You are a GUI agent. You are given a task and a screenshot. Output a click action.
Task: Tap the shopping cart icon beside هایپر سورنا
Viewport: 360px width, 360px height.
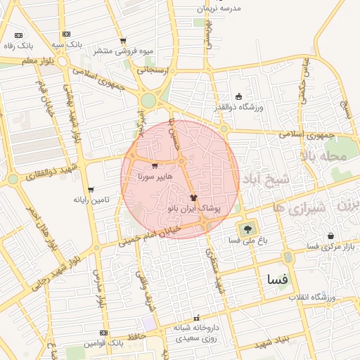[x=155, y=166]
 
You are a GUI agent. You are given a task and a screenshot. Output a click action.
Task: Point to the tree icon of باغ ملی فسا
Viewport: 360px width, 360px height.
[x=247, y=229]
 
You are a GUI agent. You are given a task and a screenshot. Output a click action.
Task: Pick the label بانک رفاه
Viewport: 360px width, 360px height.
[x=18, y=46]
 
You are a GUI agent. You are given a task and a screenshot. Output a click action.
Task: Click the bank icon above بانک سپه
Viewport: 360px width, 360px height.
[x=66, y=34]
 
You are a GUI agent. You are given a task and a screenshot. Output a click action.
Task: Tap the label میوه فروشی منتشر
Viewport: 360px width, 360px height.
[x=127, y=51]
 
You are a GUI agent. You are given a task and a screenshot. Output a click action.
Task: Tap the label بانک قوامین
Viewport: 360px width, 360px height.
[x=104, y=343]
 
